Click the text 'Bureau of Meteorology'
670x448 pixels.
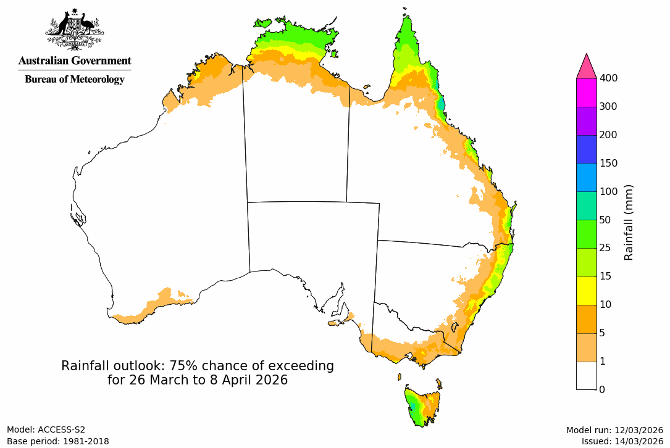click(75, 79)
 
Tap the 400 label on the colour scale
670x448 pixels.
click(609, 78)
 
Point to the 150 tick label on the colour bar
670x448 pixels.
click(609, 163)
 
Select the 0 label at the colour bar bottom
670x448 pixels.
click(602, 389)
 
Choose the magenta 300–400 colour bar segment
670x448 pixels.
click(586, 93)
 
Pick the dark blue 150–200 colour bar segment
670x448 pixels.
click(586, 149)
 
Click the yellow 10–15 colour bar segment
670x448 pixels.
click(586, 291)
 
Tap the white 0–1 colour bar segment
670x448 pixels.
click(586, 375)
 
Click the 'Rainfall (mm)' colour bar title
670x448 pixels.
click(629, 222)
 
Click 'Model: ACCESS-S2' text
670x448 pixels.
click(46, 430)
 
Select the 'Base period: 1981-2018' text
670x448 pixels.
click(58, 441)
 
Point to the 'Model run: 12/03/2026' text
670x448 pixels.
click(614, 430)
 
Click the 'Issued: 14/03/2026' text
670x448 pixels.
click(622, 441)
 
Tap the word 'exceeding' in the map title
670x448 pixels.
click(303, 366)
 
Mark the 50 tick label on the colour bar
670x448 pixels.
click(606, 220)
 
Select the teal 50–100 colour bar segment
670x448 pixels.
click(586, 205)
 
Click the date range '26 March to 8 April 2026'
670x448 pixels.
click(208, 380)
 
